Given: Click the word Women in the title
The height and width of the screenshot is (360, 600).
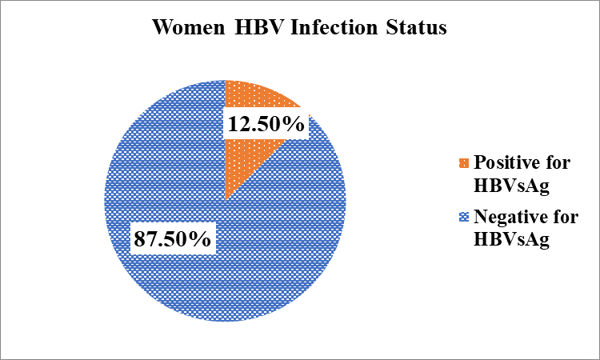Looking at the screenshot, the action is click(x=189, y=27).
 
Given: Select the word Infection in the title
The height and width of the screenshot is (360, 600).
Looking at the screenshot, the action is click(x=334, y=27).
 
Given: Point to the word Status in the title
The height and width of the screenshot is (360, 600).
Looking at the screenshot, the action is click(x=416, y=27).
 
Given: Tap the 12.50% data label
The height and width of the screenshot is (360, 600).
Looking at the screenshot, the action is click(x=266, y=124).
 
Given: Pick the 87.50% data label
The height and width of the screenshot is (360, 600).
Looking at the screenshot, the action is click(x=173, y=239).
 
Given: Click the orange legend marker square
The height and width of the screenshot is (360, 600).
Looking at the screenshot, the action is click(x=464, y=163).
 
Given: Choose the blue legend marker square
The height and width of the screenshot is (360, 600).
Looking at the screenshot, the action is click(x=464, y=218).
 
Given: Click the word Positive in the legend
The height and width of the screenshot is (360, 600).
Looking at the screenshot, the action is click(x=506, y=162).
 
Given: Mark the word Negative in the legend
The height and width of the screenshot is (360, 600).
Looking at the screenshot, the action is click(x=511, y=217).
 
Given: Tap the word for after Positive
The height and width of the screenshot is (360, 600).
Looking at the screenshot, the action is click(x=558, y=162).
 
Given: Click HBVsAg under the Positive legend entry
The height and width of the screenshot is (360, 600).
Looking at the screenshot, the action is click(x=512, y=186).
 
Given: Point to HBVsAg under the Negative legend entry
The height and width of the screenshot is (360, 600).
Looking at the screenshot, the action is click(x=512, y=240).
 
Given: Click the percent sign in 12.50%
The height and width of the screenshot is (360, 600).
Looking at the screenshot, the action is click(x=296, y=124).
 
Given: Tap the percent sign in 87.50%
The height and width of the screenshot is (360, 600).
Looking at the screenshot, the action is click(x=202, y=239).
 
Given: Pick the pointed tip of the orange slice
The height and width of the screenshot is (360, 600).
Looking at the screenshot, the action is click(x=225, y=201).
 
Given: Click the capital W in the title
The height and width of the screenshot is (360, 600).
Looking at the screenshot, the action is click(x=162, y=27).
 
